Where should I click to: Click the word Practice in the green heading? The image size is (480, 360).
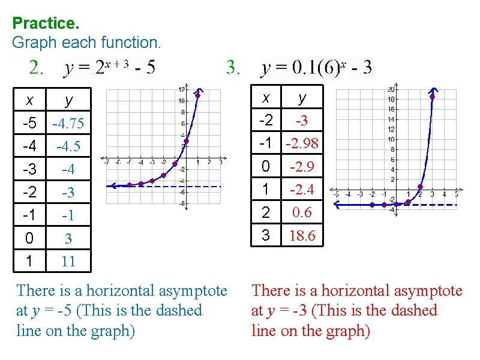45,24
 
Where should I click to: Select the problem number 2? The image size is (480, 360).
36,68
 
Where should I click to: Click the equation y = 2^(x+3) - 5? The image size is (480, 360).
109,68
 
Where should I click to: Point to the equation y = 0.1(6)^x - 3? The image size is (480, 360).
317,68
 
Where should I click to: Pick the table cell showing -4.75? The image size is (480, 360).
68,124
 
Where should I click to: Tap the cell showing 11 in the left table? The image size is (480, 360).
68,261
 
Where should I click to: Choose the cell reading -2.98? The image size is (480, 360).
302,143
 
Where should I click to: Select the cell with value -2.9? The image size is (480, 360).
302,166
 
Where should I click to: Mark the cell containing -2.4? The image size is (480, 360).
302,190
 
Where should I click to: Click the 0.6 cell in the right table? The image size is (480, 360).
302,212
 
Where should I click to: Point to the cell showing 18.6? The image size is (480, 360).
302,235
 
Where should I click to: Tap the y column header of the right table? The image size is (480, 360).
302,97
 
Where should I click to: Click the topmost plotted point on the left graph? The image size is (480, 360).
197,95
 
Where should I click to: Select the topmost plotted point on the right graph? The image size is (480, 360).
432,95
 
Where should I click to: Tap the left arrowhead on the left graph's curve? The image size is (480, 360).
110,187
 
